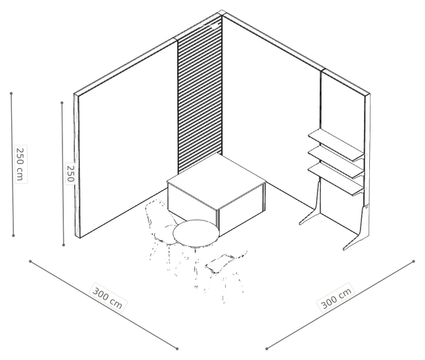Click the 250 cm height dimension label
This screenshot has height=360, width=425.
point(21,164)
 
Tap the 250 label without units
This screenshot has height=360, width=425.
point(70,173)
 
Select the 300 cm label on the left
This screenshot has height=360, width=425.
point(108,297)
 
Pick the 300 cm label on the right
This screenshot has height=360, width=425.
point(336,297)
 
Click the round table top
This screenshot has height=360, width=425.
point(196,233)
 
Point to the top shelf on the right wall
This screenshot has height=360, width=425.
point(336,145)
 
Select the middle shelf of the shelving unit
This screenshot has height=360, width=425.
point(336,162)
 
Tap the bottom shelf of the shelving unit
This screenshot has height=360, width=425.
point(336,179)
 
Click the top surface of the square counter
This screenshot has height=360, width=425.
point(216,181)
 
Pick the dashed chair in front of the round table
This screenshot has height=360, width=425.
point(226,274)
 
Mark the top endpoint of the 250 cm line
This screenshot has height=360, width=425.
point(11,94)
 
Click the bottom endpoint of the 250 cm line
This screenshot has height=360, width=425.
point(13,235)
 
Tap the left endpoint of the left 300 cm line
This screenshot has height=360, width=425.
point(31,261)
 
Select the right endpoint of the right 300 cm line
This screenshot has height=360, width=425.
point(414,261)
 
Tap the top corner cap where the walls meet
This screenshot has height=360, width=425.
point(222,13)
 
